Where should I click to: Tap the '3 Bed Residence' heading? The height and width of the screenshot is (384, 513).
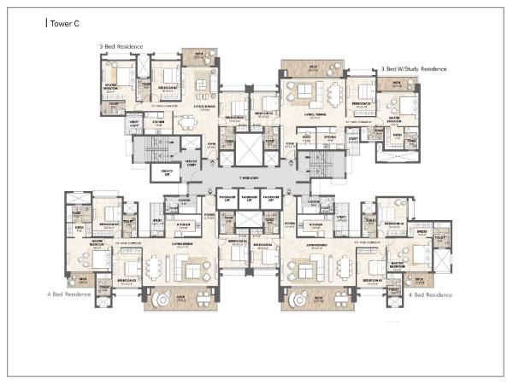click(122, 46)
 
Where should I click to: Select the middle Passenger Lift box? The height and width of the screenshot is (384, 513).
click(248, 201)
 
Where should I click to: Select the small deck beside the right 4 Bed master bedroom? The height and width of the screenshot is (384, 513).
click(418, 279)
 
